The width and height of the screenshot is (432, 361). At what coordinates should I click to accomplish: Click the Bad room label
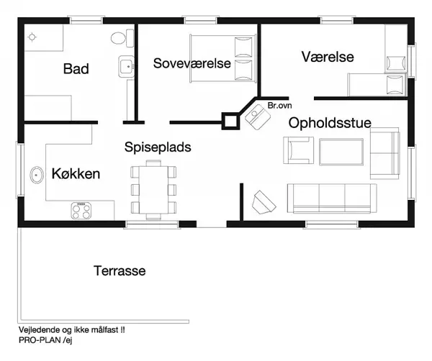pyautogui.click(x=76, y=69)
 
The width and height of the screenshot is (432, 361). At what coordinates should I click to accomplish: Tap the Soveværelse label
pyautogui.click(x=192, y=63)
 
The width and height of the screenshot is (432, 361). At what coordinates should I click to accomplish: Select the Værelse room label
pyautogui.click(x=328, y=57)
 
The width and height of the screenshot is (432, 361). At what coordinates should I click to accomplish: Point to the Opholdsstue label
pyautogui.click(x=330, y=123)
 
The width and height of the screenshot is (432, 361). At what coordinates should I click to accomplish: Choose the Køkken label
pyautogui.click(x=76, y=173)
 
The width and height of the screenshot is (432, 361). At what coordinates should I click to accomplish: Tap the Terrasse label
pyautogui.click(x=120, y=271)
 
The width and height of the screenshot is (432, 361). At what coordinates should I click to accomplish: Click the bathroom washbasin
pyautogui.click(x=127, y=68)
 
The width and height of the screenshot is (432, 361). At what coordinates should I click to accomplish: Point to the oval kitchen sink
pyautogui.click(x=37, y=173)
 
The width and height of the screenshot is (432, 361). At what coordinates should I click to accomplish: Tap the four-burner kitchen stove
pyautogui.click(x=82, y=210)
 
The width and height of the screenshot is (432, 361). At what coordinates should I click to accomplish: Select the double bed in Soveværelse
pyautogui.click(x=223, y=57)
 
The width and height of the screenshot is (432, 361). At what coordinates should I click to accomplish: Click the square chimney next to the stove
pyautogui.click(x=230, y=121)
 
